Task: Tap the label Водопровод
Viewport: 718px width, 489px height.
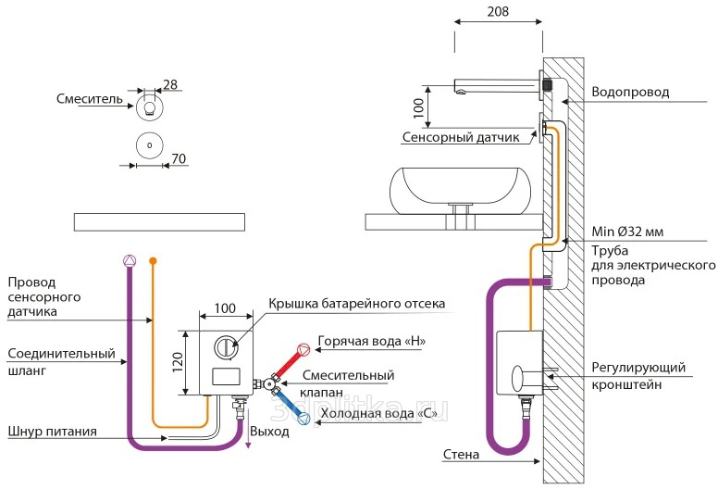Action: click(630, 93)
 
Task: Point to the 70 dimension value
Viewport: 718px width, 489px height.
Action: click(179, 159)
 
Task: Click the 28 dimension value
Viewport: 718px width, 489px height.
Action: click(169, 84)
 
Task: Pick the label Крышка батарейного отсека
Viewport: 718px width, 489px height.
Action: click(356, 304)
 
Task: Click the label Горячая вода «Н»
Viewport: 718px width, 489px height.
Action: click(371, 341)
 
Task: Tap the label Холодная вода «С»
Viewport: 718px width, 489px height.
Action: click(378, 414)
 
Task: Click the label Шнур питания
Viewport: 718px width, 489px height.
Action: click(48, 431)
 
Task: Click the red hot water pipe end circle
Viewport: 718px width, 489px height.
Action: click(302, 352)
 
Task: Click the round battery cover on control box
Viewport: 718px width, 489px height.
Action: click(226, 347)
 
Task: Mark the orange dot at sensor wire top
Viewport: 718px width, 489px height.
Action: click(153, 260)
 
